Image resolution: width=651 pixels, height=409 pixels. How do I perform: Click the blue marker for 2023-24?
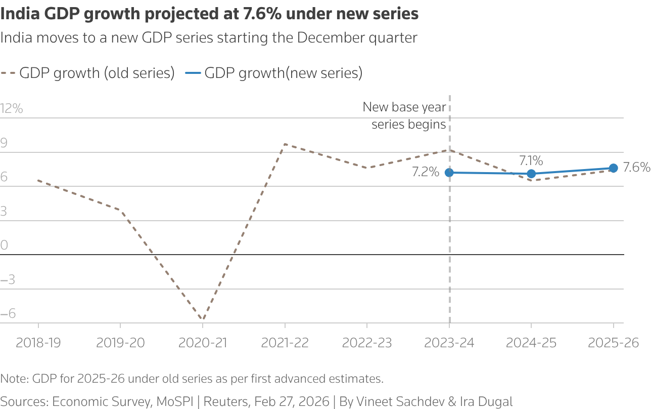449,173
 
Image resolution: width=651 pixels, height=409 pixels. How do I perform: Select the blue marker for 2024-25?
531,174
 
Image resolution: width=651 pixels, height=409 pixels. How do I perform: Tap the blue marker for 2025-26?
614,168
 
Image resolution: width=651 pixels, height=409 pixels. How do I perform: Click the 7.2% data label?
425,173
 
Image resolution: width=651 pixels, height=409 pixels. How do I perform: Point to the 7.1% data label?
531,161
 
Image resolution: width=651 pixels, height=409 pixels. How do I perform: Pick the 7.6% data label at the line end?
636,168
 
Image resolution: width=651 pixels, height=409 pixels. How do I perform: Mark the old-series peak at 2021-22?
285,144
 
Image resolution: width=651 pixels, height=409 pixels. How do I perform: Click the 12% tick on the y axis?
12,108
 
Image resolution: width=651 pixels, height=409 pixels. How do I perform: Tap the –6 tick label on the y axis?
9,314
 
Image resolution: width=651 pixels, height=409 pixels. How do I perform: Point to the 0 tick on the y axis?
5,246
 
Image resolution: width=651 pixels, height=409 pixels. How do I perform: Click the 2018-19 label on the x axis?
38,343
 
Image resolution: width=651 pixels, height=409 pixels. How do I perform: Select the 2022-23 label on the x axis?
367,343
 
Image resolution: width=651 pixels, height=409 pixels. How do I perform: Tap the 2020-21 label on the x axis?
203,343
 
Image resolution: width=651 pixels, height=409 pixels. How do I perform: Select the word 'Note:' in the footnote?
15,379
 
